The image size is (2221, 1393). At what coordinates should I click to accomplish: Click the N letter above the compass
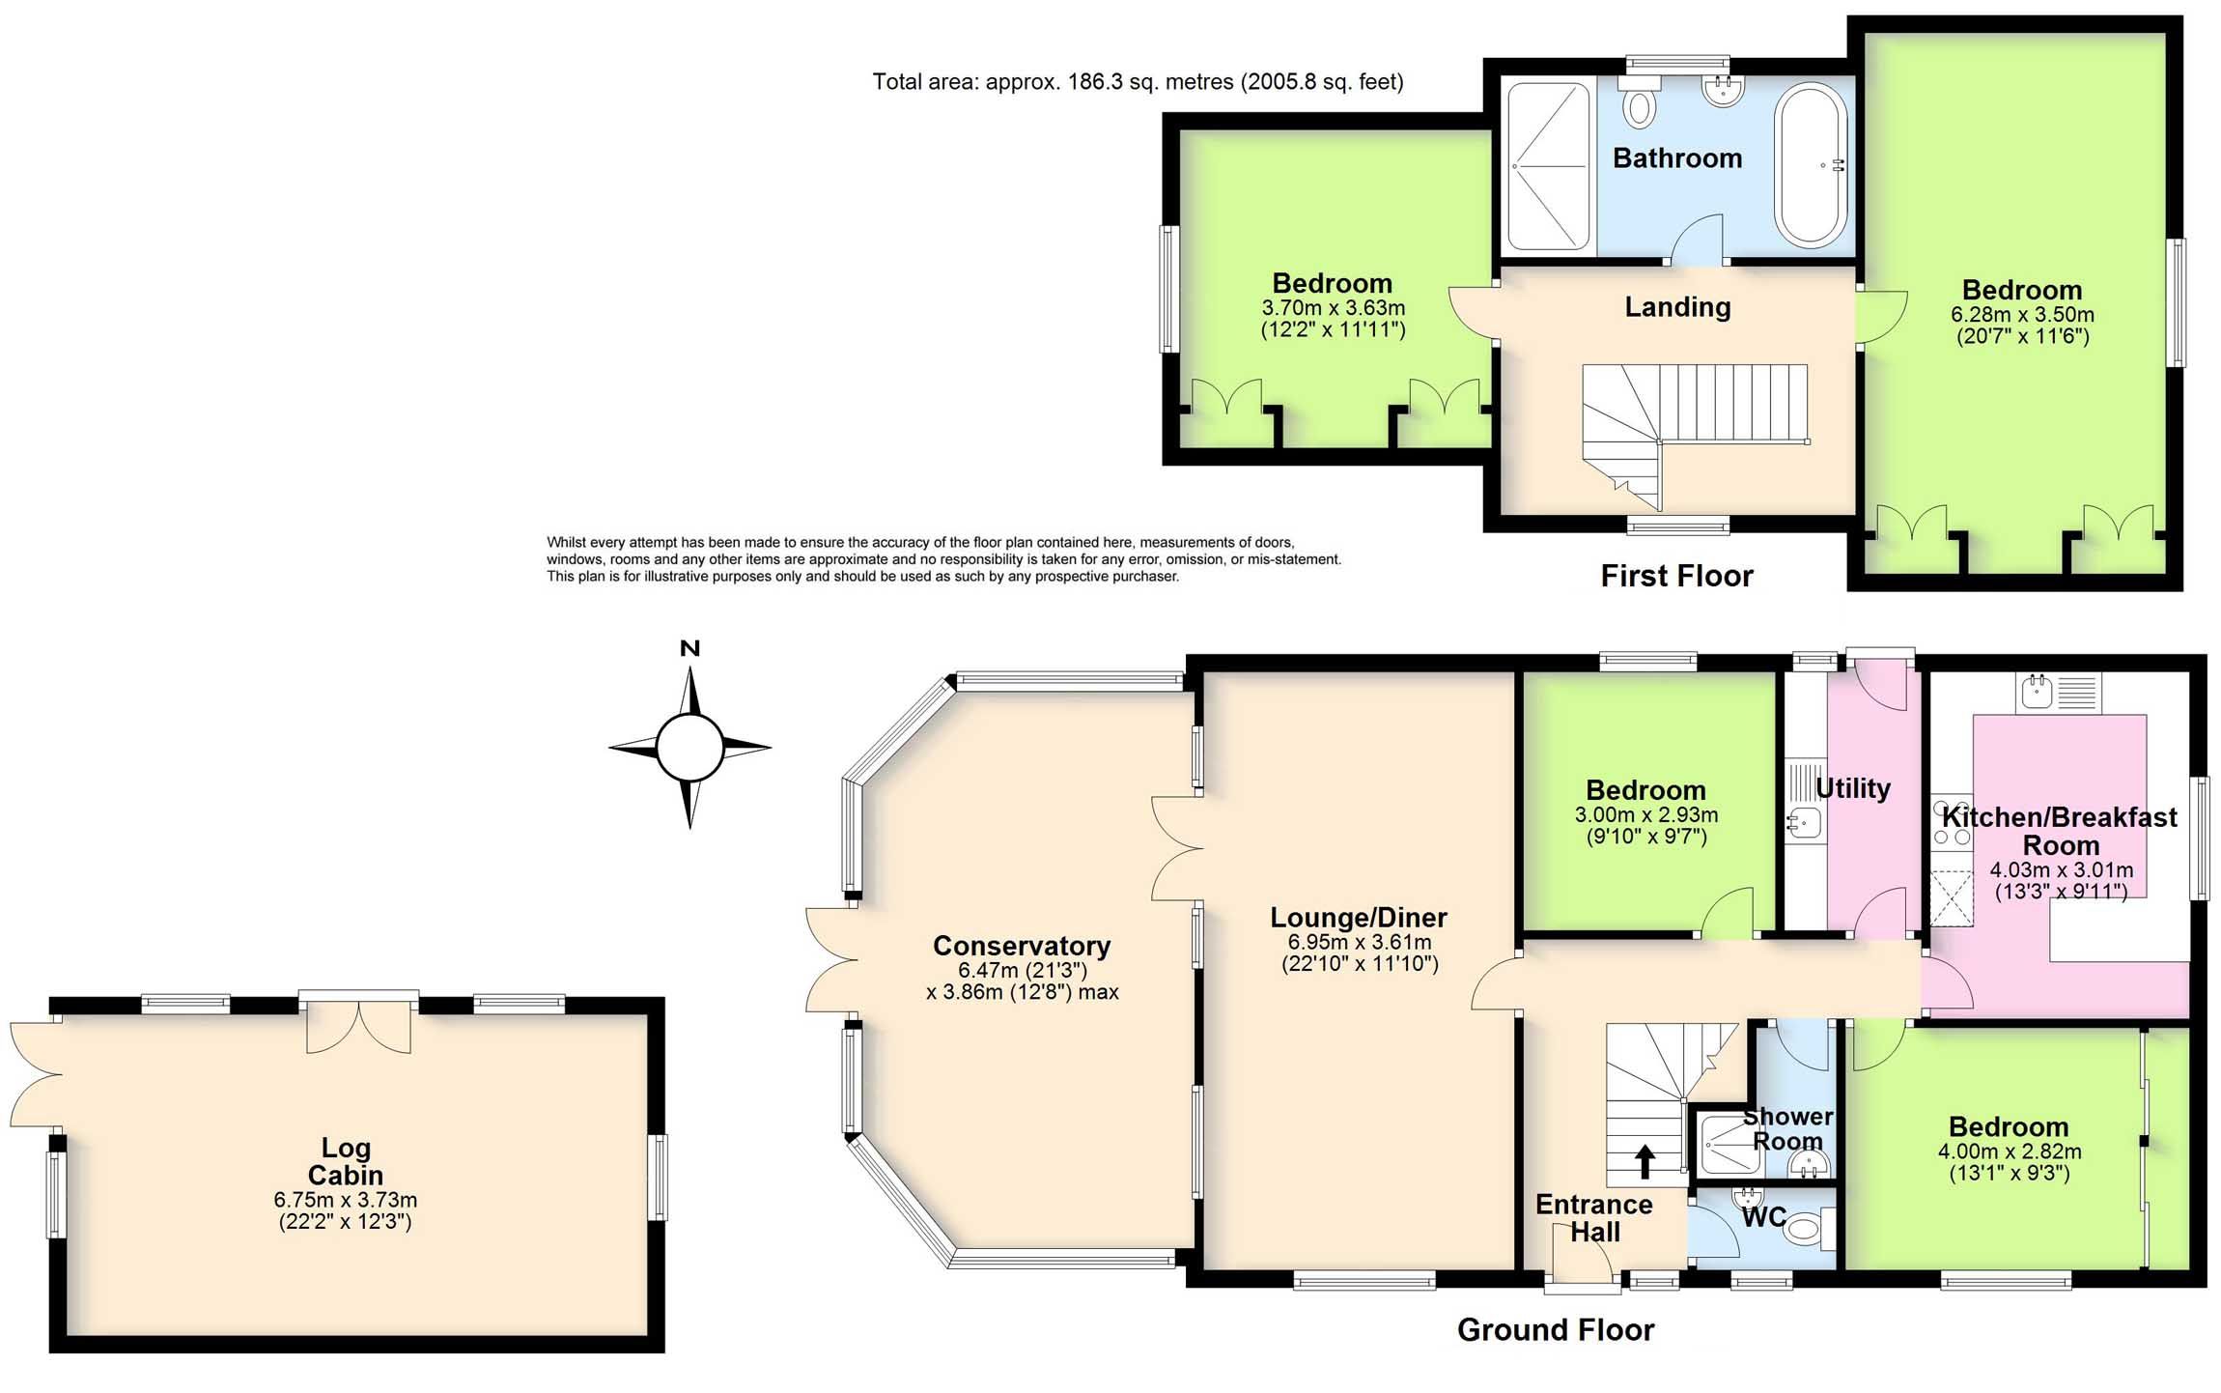pos(689,649)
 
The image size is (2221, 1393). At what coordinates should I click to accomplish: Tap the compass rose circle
pos(689,747)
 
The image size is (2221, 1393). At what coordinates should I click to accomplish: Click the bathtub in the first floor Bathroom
pos(1810,164)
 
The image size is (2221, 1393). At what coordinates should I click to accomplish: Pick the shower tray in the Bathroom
pos(1548,166)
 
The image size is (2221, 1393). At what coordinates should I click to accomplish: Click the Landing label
pos(1677,307)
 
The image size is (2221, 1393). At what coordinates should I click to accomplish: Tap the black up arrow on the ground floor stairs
pos(1644,1161)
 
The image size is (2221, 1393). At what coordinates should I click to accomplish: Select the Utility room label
pos(1852,788)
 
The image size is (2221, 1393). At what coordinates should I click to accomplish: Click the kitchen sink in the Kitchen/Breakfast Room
pos(2038,692)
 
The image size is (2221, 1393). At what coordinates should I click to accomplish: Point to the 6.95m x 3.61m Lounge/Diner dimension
pos(1360,942)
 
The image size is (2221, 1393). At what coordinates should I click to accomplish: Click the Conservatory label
pos(1022,946)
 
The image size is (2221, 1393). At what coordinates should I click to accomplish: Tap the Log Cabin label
pos(346,1161)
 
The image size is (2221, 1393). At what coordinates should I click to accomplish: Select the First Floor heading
pos(1676,576)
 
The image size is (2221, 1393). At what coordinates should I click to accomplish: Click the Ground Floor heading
pos(1555,1330)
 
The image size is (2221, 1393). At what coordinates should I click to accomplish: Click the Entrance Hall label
pos(1594,1218)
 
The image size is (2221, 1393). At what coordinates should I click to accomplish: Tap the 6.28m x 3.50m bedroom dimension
pos(2022,315)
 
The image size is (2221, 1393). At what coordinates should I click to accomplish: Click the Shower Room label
pos(1787,1128)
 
